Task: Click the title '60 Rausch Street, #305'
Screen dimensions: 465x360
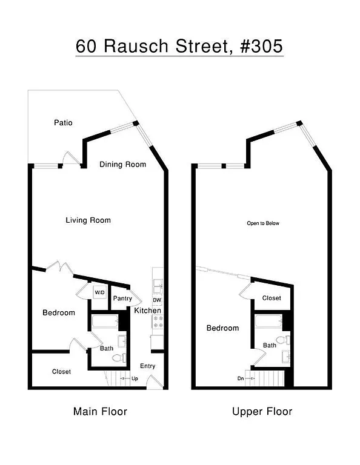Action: (x=179, y=46)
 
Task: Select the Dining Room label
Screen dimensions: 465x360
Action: (x=123, y=164)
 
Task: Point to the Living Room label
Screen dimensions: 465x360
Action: (x=88, y=220)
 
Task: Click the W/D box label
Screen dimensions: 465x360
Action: (x=99, y=292)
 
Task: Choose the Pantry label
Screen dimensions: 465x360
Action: (x=122, y=298)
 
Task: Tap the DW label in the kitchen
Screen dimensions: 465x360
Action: (x=156, y=300)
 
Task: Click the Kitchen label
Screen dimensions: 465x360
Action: (x=147, y=311)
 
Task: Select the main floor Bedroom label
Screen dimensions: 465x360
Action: (x=59, y=312)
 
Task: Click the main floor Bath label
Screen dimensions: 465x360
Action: (x=106, y=349)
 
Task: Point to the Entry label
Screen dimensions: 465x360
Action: (x=147, y=366)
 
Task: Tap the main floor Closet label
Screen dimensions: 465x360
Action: (x=61, y=372)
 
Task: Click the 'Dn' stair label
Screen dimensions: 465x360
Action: (x=241, y=379)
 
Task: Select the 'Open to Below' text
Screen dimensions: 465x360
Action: (x=263, y=223)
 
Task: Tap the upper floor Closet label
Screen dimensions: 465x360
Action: (x=271, y=298)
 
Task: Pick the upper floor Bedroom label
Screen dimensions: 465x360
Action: (x=222, y=328)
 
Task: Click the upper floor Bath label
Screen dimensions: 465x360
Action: (x=270, y=346)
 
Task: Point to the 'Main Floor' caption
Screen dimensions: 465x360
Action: (x=100, y=412)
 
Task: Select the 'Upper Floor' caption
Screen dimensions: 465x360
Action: (x=262, y=412)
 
